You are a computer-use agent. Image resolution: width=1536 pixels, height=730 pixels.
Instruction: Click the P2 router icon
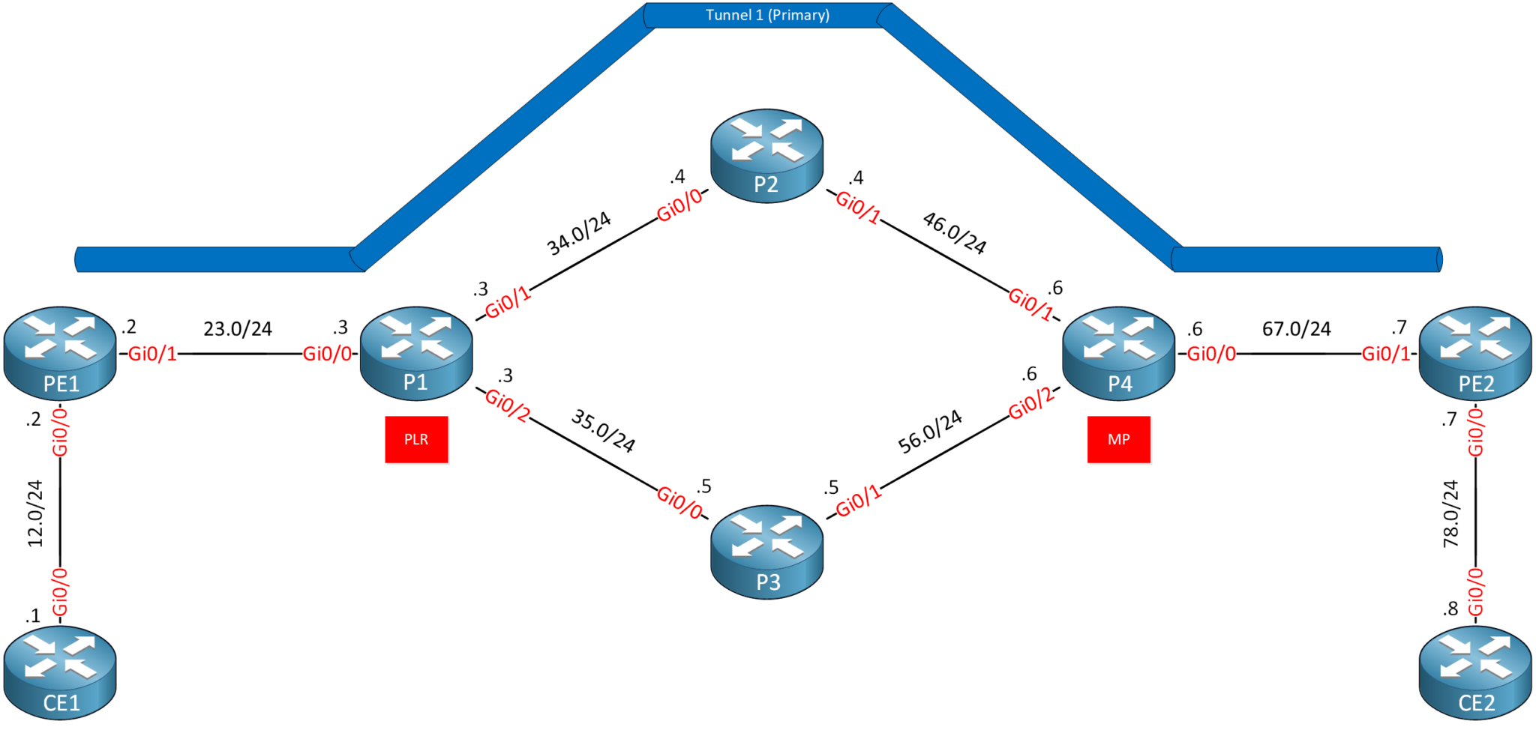coord(766,156)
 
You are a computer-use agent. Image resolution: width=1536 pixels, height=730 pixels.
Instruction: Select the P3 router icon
coord(766,552)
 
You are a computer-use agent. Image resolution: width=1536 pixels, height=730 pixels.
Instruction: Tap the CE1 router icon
coord(60,673)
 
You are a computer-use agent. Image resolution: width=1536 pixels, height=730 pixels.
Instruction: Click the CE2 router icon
coord(1474,673)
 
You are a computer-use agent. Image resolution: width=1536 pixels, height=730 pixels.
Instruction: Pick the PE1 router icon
coord(60,353)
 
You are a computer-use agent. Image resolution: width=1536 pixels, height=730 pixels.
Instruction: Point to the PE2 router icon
coord(1474,353)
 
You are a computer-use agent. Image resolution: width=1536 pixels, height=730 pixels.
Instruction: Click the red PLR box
coord(416,439)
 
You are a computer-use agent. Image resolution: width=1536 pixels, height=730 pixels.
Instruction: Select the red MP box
coord(1118,439)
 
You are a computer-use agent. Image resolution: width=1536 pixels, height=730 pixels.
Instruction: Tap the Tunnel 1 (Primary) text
coord(767,15)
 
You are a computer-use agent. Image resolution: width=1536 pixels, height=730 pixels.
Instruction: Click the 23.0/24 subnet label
coord(238,328)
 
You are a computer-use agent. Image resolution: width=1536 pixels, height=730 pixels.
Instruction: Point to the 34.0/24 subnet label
coord(578,233)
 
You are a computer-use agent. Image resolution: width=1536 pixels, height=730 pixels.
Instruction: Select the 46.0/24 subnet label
coord(955,232)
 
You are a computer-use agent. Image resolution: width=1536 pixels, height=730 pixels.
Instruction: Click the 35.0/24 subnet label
coord(603,431)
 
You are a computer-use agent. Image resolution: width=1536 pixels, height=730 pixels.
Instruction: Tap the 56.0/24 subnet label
coord(930,432)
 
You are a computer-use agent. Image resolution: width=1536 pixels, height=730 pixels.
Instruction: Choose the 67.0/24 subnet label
coord(1296,328)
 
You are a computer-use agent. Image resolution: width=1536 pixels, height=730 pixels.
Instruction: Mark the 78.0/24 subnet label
coord(1451,513)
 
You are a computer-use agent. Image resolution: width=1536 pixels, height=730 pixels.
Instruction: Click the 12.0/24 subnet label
coord(35,513)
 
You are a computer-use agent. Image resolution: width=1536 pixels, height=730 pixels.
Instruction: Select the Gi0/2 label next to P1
coord(508,404)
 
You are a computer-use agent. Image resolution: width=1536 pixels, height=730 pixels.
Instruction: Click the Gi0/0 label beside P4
coord(1211,354)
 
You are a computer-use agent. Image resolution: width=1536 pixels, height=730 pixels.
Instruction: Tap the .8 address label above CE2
coord(1450,609)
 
